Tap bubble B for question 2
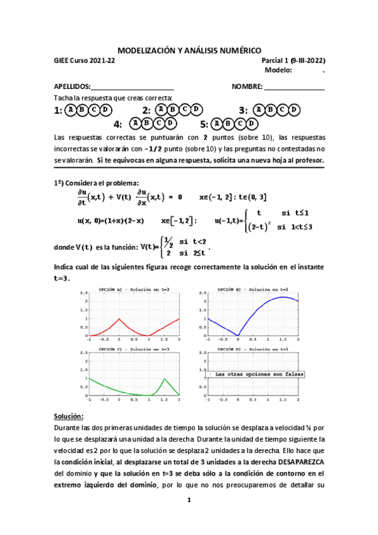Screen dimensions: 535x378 [x=172, y=110]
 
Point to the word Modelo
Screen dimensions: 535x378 [x=278, y=70]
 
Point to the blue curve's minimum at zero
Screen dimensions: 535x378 [x=239, y=335]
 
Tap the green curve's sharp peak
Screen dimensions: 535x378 [x=165, y=379]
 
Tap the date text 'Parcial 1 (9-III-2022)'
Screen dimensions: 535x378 [x=293, y=61]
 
